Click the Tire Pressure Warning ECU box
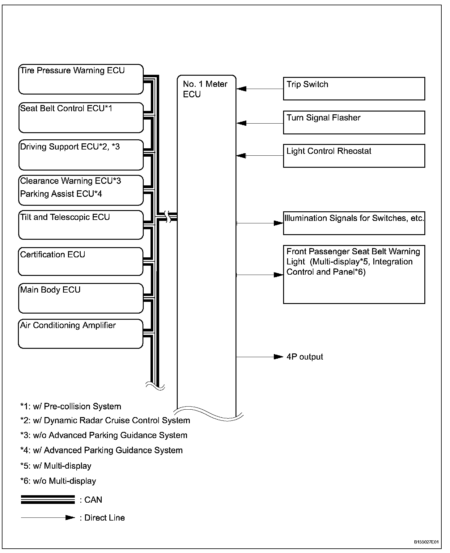[x=81, y=79]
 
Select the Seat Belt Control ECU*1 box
[x=81, y=117]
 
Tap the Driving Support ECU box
[x=81, y=155]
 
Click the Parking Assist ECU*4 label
[x=61, y=194]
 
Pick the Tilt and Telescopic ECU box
[x=81, y=225]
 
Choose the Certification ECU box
[x=81, y=261]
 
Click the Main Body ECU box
[x=81, y=298]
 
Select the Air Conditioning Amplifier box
[x=81, y=334]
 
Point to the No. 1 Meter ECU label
[x=205, y=89]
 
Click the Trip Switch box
[x=354, y=89]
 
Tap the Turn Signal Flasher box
[x=354, y=122]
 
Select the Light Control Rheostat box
[x=354, y=156]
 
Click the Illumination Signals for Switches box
[x=354, y=223]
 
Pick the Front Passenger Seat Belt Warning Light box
[x=354, y=274]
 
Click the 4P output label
[x=305, y=357]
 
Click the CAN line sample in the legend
[x=48, y=500]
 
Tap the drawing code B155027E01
[x=427, y=542]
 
